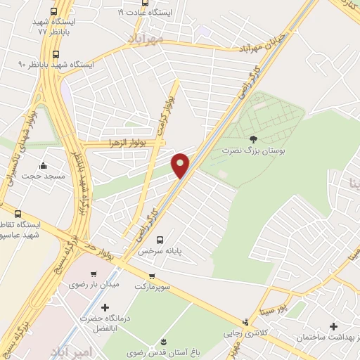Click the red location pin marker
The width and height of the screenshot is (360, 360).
coord(181,165)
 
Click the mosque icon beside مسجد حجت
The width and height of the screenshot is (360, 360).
coord(44,166)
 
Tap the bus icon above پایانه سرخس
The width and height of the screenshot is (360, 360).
coord(160,240)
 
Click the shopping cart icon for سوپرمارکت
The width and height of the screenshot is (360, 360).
coord(151,275)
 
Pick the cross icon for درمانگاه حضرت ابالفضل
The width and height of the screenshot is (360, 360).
coord(105,307)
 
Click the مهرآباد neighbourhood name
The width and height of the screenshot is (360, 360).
coord(145,37)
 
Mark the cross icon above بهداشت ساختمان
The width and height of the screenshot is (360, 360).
coord(333,326)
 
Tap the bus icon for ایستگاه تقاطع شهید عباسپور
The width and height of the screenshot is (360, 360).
coord(18,214)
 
